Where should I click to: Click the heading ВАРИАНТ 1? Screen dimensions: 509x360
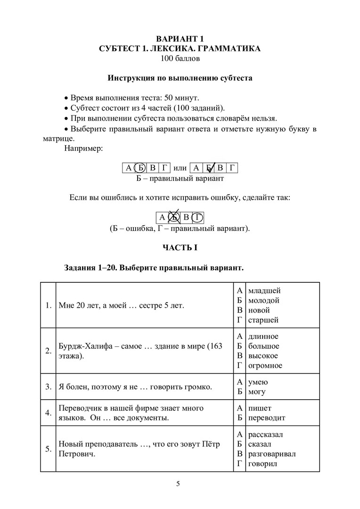click(x=180, y=39)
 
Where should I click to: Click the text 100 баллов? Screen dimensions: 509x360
click(x=180, y=58)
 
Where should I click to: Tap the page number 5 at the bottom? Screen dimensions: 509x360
click(x=178, y=483)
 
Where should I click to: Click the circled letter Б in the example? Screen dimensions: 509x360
click(x=140, y=168)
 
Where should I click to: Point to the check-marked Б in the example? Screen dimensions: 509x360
click(x=208, y=168)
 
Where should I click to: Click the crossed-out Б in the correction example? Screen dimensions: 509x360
click(x=174, y=217)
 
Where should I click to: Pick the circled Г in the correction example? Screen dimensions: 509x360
click(x=198, y=217)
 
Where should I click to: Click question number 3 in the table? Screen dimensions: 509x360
click(x=48, y=387)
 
